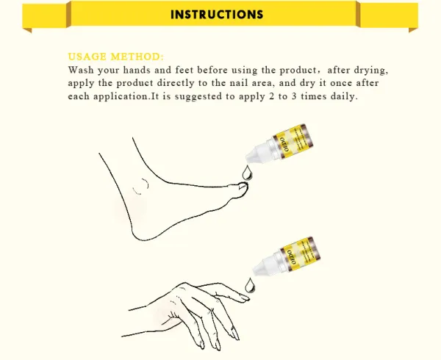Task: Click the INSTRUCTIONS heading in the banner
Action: tap(217, 15)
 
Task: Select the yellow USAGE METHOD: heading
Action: tap(116, 57)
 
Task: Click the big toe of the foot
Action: tap(242, 190)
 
